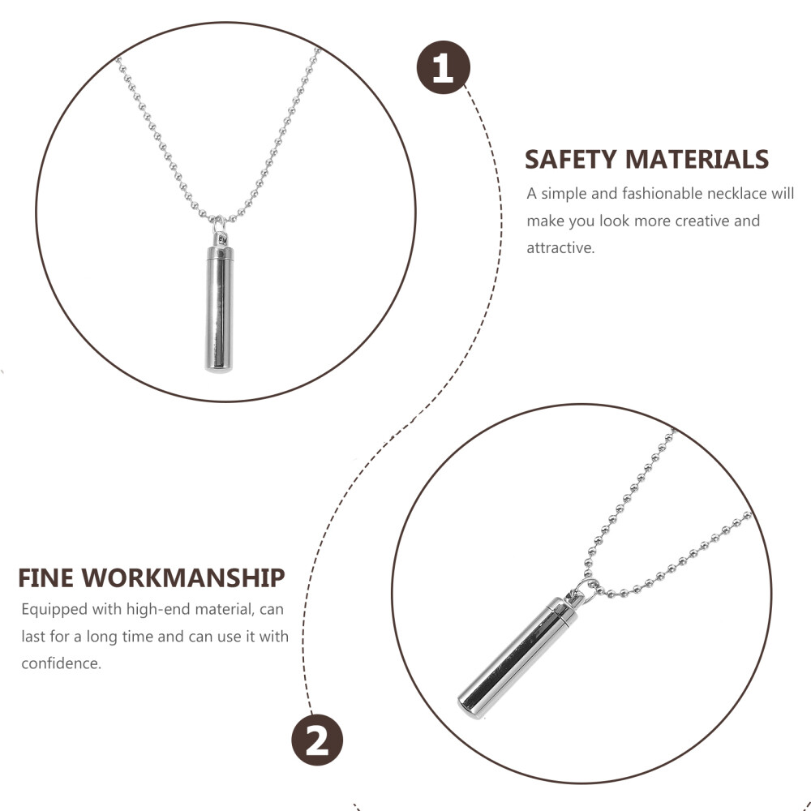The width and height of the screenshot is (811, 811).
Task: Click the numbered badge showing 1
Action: click(x=444, y=67)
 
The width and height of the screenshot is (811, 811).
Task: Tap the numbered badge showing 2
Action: click(x=317, y=740)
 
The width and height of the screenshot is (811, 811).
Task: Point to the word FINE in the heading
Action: click(x=45, y=578)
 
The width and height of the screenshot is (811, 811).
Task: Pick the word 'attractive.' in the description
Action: click(x=560, y=247)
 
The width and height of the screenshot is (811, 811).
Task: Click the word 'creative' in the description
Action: click(x=702, y=221)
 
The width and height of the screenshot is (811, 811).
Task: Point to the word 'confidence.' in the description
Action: click(x=61, y=663)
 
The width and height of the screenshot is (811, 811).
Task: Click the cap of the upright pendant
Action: click(x=220, y=253)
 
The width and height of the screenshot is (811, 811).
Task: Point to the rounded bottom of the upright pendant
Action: click(x=219, y=367)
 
